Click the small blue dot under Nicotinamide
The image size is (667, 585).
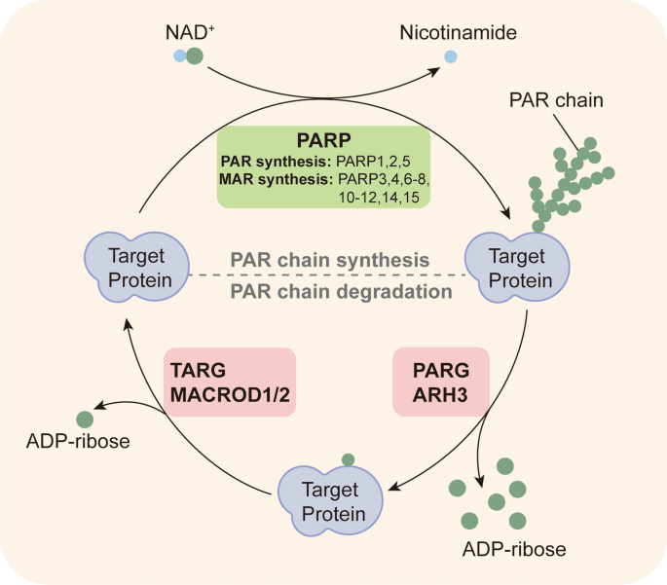pyautogui.click(x=450, y=58)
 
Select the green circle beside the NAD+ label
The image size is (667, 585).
pyautogui.click(x=196, y=57)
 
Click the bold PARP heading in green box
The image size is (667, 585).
pyautogui.click(x=322, y=137)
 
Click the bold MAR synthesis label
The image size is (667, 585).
pyautogui.click(x=277, y=179)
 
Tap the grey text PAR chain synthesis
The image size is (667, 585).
pyautogui.click(x=330, y=260)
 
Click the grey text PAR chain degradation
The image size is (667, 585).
pyautogui.click(x=341, y=290)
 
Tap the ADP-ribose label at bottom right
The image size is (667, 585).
pyautogui.click(x=513, y=550)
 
